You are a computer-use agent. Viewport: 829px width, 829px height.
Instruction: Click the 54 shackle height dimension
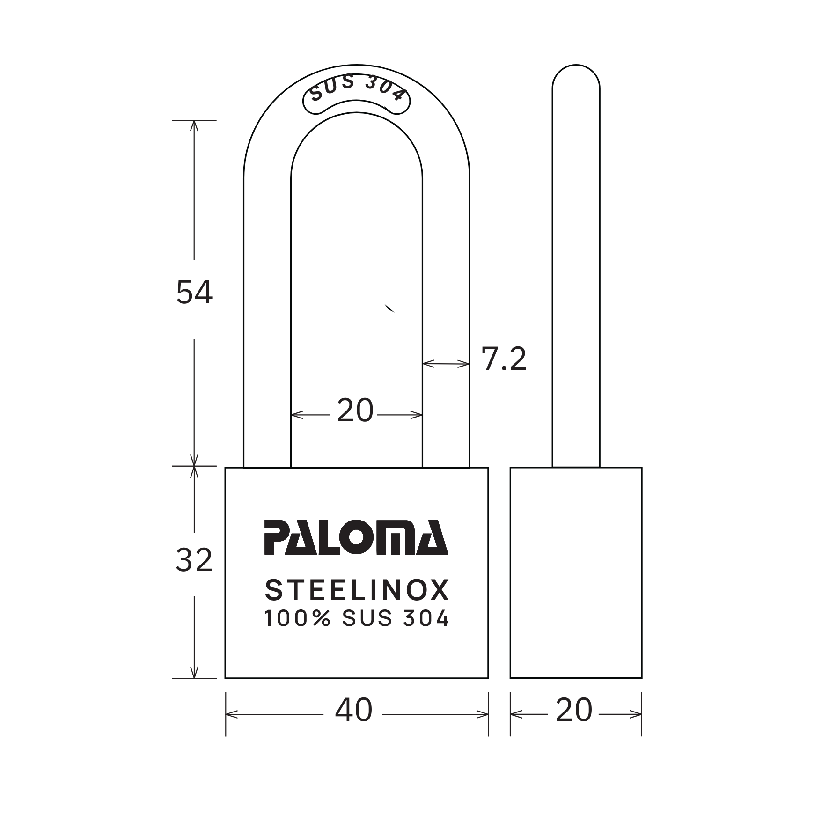[194, 293]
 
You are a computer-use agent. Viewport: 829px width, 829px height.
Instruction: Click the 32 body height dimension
[194, 560]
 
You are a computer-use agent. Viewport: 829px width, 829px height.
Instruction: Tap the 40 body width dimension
[354, 710]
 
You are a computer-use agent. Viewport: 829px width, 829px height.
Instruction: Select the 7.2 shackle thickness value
[504, 359]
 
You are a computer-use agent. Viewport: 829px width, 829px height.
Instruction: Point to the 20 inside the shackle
[355, 411]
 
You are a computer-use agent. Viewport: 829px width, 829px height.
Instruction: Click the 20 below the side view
[574, 710]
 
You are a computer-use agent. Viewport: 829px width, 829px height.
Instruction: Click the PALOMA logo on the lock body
[356, 537]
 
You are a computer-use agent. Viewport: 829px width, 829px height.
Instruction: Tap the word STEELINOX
[357, 590]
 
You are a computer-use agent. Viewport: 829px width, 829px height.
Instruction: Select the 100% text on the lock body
[298, 618]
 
